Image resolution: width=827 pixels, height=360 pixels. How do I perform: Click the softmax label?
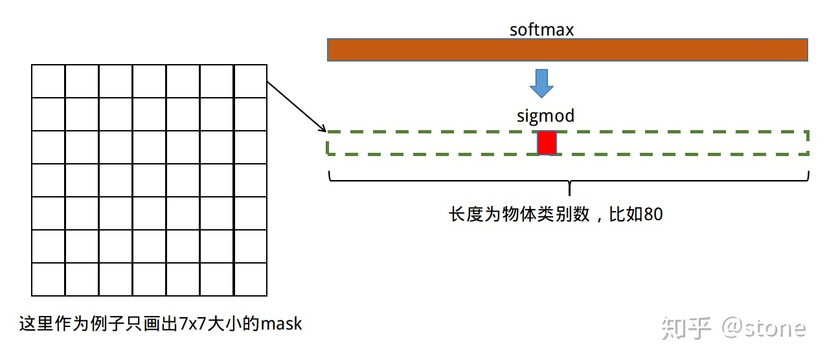(x=541, y=30)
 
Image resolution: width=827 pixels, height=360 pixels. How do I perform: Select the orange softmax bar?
(x=567, y=50)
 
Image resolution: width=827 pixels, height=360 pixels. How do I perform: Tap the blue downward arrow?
(x=541, y=83)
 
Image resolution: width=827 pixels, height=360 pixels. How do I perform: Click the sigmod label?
(x=545, y=116)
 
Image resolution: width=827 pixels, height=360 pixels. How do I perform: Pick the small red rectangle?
(x=547, y=143)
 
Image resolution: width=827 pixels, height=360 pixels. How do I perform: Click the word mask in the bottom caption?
(x=281, y=323)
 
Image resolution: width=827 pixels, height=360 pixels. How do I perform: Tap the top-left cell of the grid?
(x=49, y=81)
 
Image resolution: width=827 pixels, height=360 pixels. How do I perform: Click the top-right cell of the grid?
(x=250, y=81)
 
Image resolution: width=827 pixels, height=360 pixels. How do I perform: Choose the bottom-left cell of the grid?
(x=49, y=279)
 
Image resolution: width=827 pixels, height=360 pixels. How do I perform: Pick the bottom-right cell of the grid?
(x=250, y=279)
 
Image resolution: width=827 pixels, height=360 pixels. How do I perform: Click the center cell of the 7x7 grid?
(x=150, y=180)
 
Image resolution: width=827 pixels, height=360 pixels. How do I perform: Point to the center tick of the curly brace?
(x=569, y=190)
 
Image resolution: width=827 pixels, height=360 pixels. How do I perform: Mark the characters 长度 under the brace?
(x=466, y=214)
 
